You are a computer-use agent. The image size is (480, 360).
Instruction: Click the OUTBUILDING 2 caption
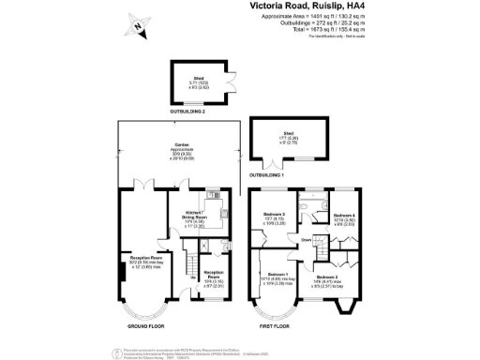tap(188, 111)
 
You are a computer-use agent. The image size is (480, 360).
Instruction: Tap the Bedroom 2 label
tap(327, 278)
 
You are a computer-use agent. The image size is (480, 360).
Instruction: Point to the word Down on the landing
tap(306, 239)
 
